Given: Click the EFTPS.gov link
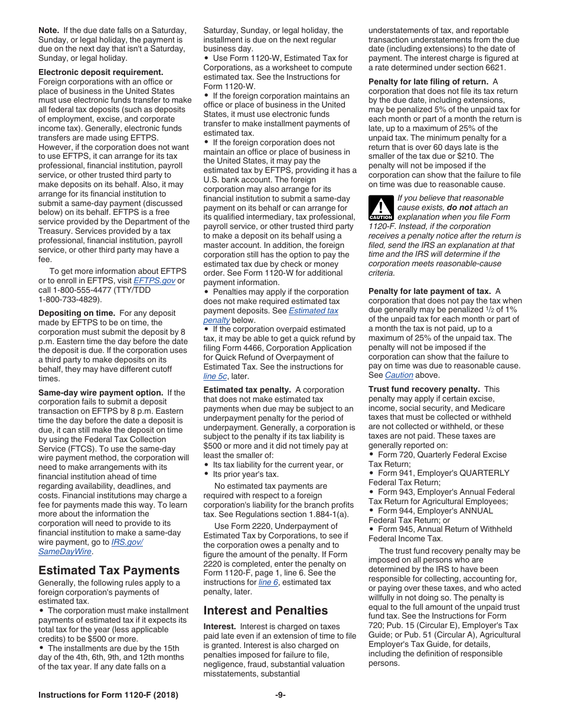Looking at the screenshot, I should (x=154, y=280).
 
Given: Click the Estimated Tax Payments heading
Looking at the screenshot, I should (x=109, y=570).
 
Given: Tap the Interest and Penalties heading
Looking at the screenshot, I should (x=265, y=610).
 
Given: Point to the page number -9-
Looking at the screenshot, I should (x=280, y=695).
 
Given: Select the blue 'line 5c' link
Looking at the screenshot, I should (x=215, y=376).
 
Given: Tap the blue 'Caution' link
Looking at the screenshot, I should (x=399, y=375).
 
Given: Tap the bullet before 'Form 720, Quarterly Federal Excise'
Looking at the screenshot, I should (x=371, y=454).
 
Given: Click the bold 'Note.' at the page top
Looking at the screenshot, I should (x=48, y=30).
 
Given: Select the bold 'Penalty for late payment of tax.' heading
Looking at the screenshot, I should (x=429, y=291).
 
